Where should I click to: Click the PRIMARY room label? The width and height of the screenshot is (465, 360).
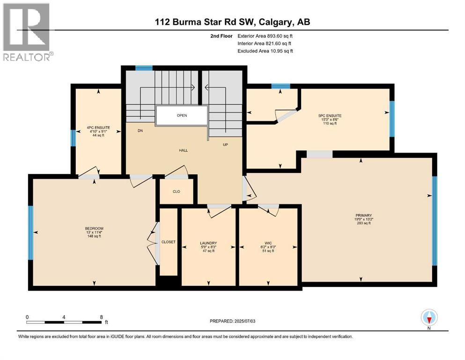363,216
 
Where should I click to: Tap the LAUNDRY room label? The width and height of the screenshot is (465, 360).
208,243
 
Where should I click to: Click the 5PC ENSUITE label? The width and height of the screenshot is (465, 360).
330,115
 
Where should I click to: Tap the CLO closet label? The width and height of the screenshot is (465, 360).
176,191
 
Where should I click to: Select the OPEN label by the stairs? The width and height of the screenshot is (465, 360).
182,115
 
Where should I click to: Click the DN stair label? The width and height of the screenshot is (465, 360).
140,131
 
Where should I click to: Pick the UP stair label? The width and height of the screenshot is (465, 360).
225,144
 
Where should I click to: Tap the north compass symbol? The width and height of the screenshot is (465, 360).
429,318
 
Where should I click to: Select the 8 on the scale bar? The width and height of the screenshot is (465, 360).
101,316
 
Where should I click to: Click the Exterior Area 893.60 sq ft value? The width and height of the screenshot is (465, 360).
267,36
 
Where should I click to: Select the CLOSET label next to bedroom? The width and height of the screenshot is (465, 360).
168,242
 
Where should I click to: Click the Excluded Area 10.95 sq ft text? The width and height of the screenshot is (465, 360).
265,51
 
